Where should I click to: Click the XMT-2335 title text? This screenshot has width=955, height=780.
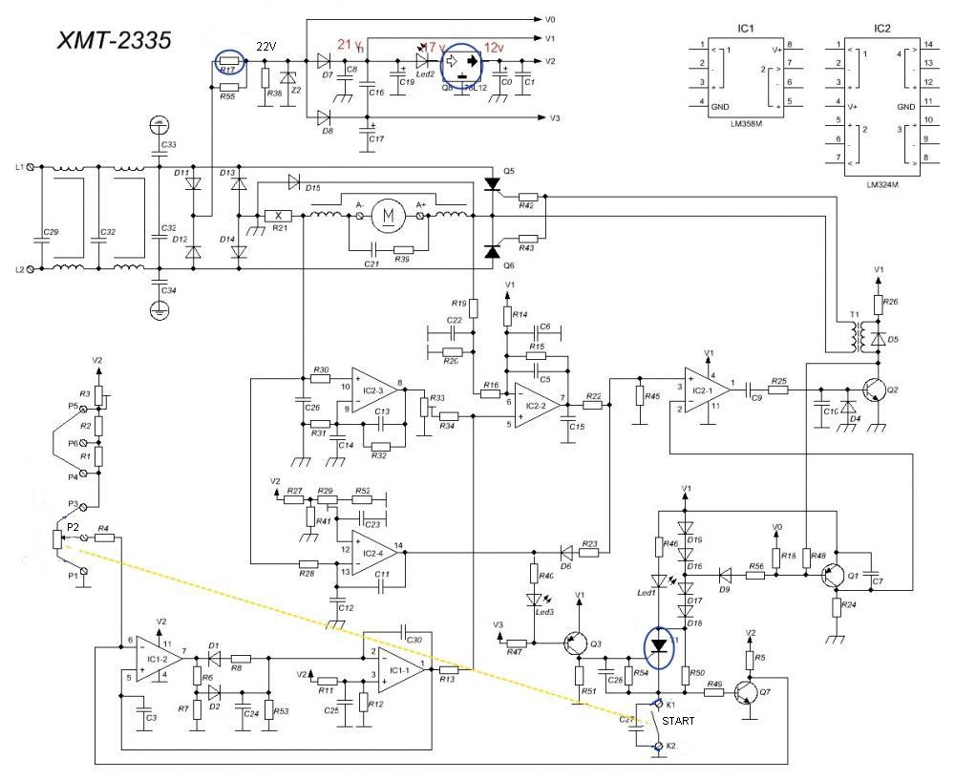pyautogui.click(x=116, y=39)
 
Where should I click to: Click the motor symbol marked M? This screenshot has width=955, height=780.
pyautogui.click(x=388, y=215)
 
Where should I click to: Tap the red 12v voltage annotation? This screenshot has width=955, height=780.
pyautogui.click(x=495, y=47)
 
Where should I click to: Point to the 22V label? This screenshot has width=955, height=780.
pyautogui.click(x=266, y=47)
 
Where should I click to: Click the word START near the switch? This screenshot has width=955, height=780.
pyautogui.click(x=679, y=722)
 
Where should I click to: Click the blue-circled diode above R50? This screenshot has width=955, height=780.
pyautogui.click(x=659, y=646)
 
